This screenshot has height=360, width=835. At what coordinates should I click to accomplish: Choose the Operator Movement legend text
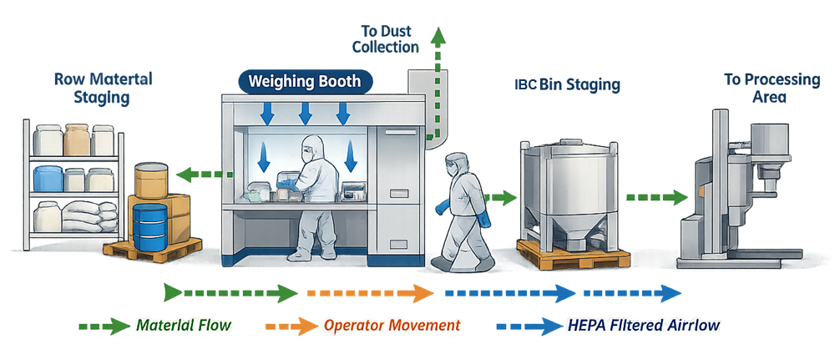(x=392, y=324)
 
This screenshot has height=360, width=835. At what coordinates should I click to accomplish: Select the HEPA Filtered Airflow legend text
(x=643, y=324)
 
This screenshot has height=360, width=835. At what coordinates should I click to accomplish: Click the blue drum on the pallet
(x=150, y=226)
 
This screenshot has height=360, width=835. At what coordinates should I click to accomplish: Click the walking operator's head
(x=456, y=162)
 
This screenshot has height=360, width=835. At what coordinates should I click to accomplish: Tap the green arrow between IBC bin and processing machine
(x=656, y=198)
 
